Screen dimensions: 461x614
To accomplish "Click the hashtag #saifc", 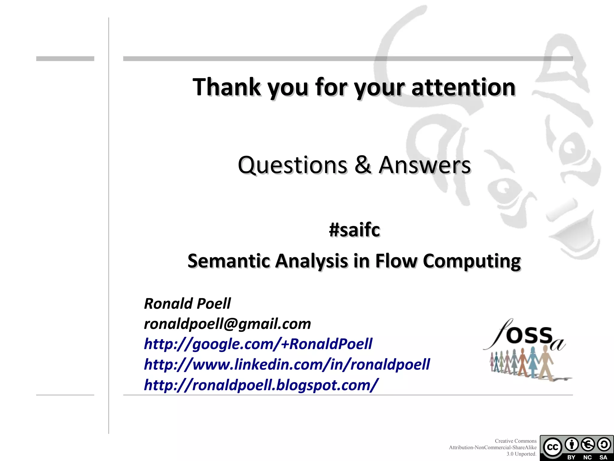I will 354,230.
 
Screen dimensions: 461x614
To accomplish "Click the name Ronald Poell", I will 187,303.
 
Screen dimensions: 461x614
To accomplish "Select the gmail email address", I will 227,324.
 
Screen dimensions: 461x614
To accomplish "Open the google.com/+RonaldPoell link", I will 258,344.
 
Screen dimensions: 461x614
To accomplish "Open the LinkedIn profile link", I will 287,364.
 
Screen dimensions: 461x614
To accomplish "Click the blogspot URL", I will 261,385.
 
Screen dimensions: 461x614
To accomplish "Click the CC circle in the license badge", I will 552,447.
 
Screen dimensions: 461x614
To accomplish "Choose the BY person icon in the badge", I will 571,444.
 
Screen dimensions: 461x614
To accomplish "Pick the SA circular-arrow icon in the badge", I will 604,444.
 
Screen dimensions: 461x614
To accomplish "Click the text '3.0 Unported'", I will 521,454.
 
